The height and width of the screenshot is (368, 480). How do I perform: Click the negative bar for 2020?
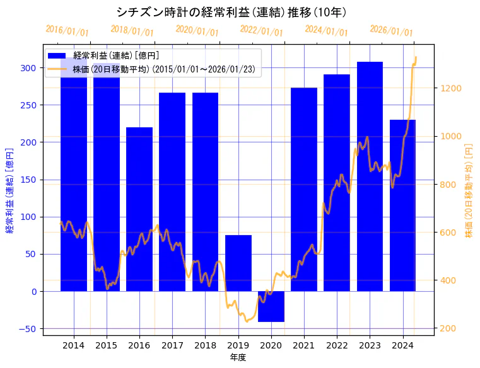(271, 306)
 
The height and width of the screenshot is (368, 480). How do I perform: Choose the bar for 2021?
(304, 189)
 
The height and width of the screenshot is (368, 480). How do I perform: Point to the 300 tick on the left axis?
(29, 68)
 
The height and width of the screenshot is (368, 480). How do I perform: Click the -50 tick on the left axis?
(29, 329)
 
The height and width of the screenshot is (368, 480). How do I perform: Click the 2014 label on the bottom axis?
(74, 345)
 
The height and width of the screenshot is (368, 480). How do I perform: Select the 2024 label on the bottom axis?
(402, 345)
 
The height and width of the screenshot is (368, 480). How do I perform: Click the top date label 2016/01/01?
(67, 31)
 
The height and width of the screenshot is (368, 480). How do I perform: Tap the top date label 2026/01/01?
(391, 31)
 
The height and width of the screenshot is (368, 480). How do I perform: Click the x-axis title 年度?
(238, 357)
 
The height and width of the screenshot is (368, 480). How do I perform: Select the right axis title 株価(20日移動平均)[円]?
(469, 190)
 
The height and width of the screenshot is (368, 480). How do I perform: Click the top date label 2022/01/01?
(262, 31)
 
